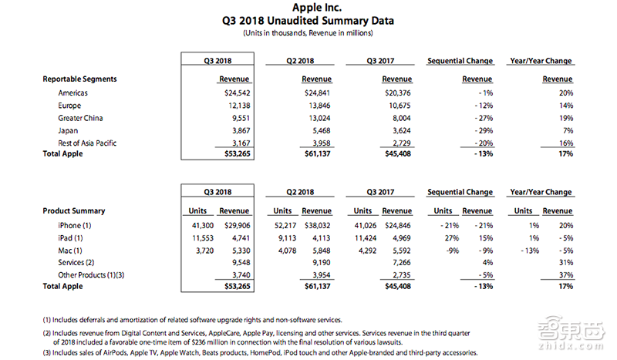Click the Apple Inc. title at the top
click(308, 8)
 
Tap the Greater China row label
click(79, 118)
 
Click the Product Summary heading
click(74, 210)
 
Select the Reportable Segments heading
click(79, 79)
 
